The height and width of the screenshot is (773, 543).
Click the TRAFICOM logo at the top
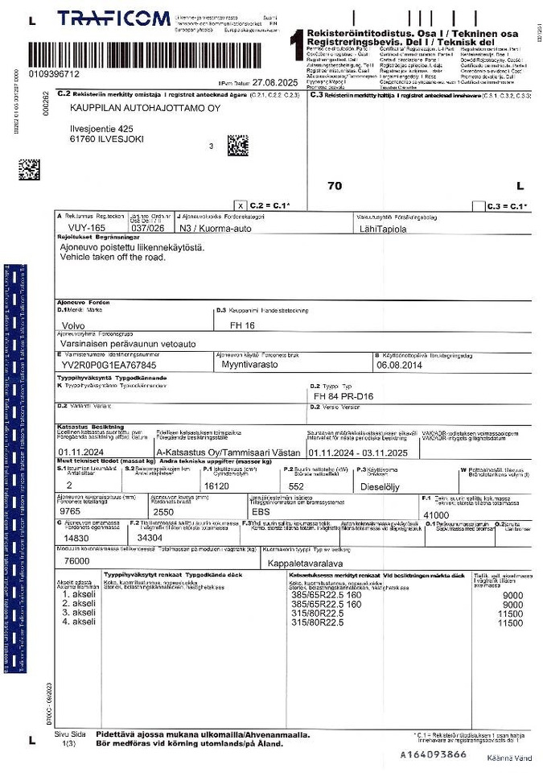113,19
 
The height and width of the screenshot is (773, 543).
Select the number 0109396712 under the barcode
54,74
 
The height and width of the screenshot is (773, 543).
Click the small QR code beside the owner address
237,145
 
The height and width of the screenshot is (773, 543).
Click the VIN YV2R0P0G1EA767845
109,365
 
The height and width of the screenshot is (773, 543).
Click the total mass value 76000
76,560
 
